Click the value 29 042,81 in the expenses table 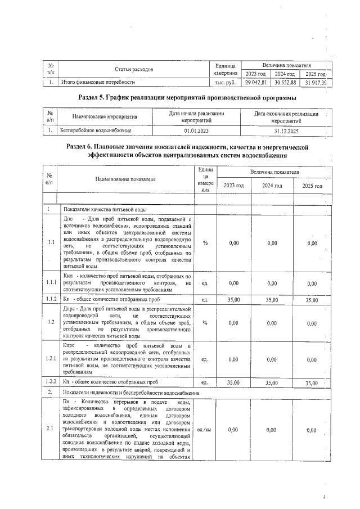coord(255,83)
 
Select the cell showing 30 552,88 coord(285,83)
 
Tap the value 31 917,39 coord(316,83)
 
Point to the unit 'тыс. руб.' coord(226,83)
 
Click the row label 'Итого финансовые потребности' coord(98,83)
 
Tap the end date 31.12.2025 coord(286,130)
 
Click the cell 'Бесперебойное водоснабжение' coord(96,130)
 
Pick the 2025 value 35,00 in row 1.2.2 coord(311,382)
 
